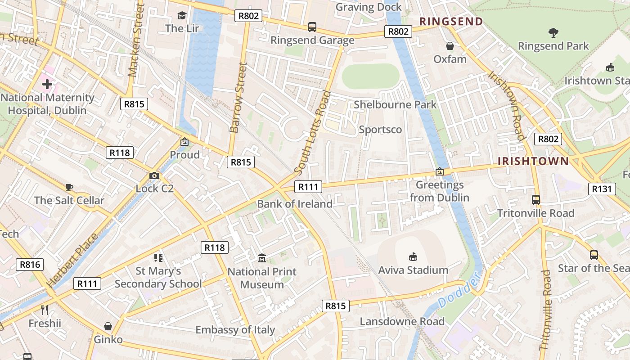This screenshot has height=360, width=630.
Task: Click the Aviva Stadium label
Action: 413,270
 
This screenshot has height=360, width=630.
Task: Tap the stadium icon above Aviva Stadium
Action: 413,256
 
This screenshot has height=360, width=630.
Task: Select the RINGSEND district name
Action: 451,21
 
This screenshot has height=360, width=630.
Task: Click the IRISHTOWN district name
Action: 533,161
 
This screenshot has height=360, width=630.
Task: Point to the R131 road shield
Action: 602,189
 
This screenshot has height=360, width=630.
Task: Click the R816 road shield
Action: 30,265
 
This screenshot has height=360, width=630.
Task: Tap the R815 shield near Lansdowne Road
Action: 336,306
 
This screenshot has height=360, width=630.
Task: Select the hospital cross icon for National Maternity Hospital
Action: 47,84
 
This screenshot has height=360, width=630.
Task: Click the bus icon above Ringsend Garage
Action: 312,27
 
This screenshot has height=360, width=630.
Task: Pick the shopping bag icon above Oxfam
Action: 450,46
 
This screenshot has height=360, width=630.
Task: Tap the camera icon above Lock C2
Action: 154,175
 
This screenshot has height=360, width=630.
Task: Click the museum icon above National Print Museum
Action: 262,258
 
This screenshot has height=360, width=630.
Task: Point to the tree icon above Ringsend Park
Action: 553,32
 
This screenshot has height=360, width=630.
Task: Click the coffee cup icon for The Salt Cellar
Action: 69,187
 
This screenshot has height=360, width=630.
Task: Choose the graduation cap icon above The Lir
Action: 182,16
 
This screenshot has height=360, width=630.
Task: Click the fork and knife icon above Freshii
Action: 45,310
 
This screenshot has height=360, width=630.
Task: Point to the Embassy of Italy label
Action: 235,329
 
